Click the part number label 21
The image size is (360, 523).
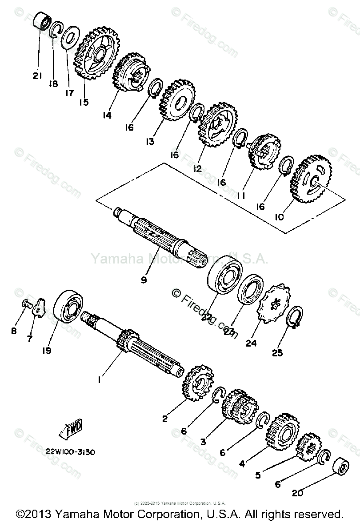click(36, 76)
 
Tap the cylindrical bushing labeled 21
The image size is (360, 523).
click(43, 21)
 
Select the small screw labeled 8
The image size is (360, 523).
click(26, 304)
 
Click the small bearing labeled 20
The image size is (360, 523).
click(342, 468)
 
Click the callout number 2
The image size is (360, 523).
click(165, 419)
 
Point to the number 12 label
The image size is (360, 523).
click(197, 168)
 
